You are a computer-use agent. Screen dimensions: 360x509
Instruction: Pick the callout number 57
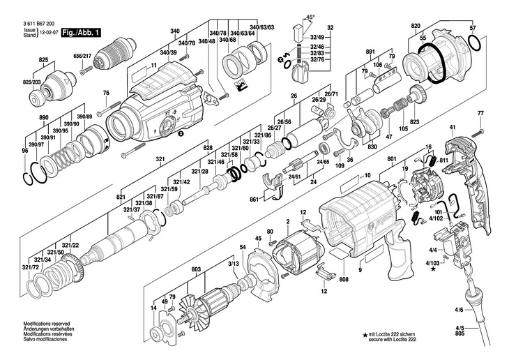pos(473,28)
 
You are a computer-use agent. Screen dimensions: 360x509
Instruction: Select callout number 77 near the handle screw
pos(480,114)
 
